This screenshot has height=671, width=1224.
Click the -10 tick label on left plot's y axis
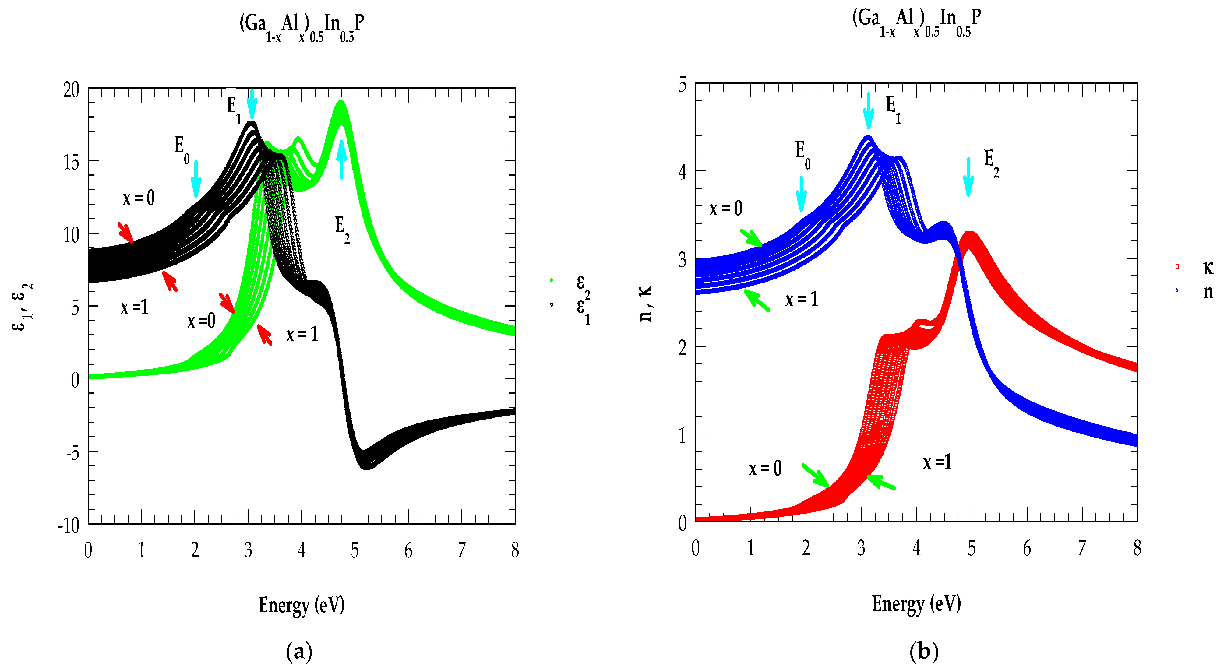[x=69, y=526]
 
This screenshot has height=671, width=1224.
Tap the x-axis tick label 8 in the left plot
[x=515, y=550]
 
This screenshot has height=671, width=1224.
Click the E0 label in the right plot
[x=802, y=154]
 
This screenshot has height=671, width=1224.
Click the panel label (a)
[x=299, y=652]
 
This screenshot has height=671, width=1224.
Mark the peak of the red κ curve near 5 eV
[x=970, y=234]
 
